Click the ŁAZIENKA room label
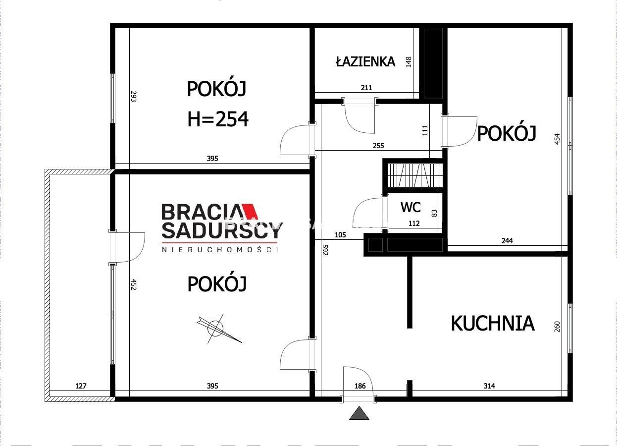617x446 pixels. (365, 61)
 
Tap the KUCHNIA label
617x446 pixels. (492, 323)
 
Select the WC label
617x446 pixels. (411, 207)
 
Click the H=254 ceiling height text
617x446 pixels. (217, 119)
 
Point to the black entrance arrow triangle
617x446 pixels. (359, 413)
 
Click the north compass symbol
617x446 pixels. (216, 328)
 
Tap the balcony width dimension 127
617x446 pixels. (81, 386)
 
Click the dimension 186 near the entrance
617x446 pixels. (360, 386)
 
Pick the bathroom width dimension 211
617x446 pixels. (366, 88)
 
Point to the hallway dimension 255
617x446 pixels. (378, 146)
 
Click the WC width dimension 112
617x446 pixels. (413, 223)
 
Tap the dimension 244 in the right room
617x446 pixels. (507, 241)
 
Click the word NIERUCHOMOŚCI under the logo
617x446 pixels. (220, 250)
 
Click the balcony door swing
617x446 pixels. (130, 247)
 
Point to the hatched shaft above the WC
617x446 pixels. (414, 175)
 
